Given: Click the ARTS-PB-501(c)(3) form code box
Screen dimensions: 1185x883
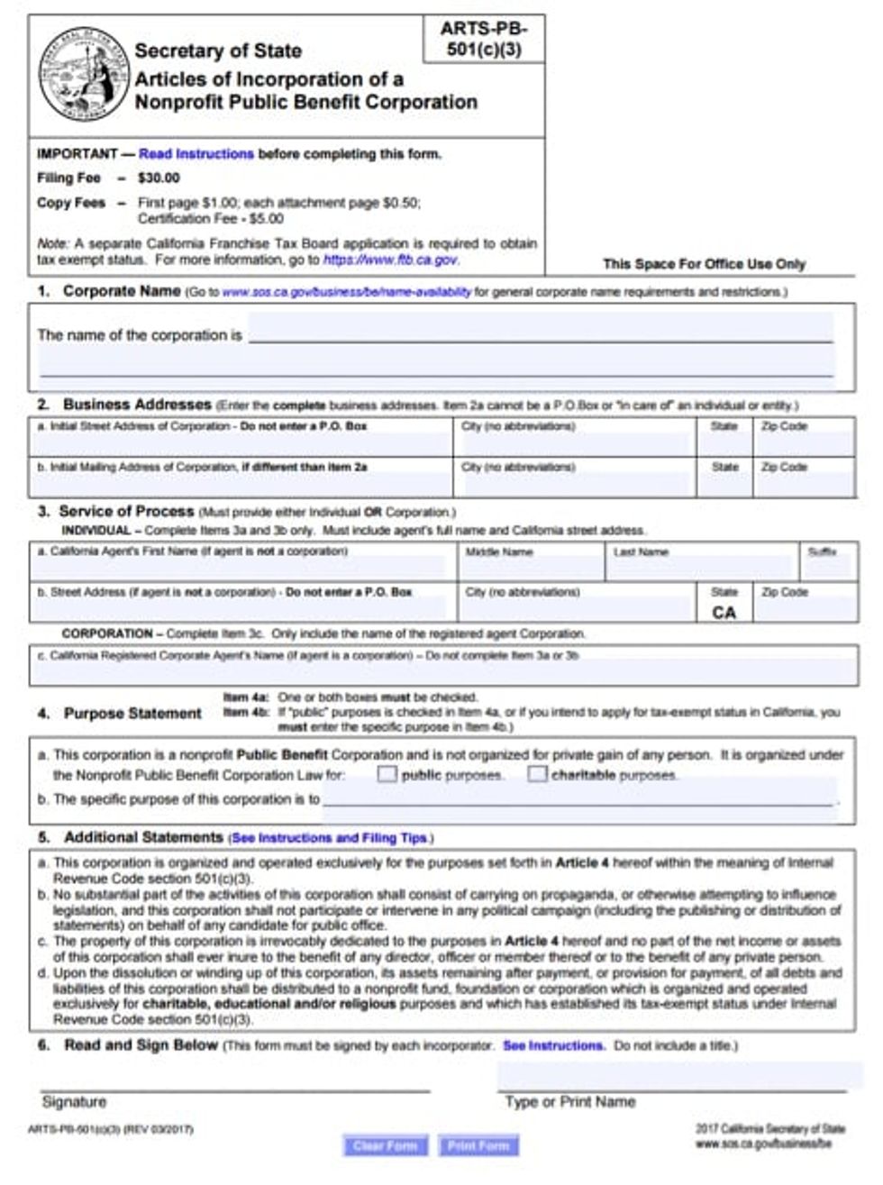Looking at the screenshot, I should [484, 40].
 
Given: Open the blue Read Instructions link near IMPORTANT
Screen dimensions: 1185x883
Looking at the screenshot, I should [196, 154].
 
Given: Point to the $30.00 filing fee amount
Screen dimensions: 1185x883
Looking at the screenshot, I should [159, 178].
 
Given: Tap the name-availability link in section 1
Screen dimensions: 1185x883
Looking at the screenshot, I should [346, 292].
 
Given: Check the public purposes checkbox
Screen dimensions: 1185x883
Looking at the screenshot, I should [387, 774].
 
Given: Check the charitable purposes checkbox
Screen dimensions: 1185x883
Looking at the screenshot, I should [537, 774].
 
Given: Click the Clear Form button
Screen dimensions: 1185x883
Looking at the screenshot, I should [385, 1146].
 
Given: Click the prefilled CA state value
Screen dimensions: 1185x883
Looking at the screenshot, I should [724, 613].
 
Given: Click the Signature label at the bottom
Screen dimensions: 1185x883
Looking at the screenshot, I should [74, 1102].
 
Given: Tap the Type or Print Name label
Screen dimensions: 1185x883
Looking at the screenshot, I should [569, 1102].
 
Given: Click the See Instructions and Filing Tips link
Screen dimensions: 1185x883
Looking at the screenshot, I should [330, 838].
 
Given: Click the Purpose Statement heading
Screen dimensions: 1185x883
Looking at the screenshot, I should [132, 714].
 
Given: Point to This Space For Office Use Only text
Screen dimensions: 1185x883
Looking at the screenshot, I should [704, 264].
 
